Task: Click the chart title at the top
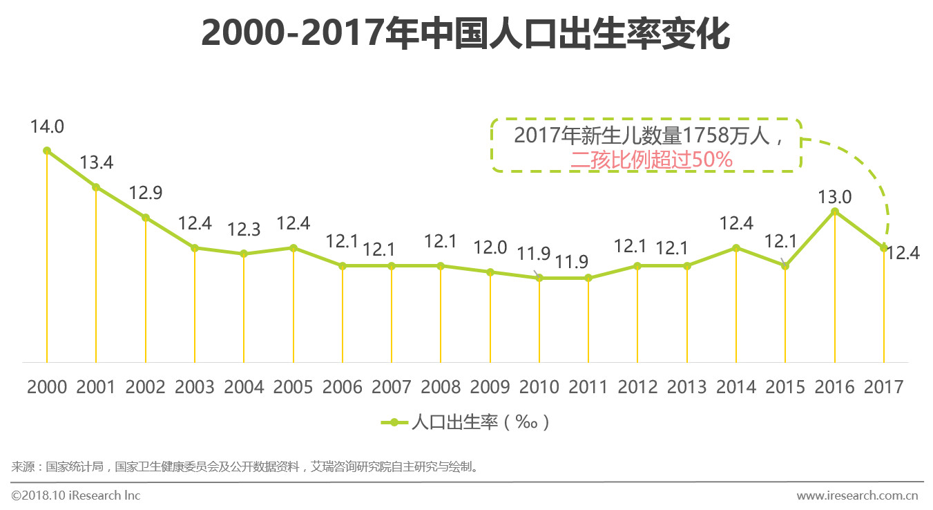click(465, 33)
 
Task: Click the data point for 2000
click(47, 151)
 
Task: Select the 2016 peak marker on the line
click(835, 211)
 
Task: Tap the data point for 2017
click(884, 248)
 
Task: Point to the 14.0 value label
click(47, 127)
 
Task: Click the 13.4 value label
click(96, 163)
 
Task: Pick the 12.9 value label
click(146, 193)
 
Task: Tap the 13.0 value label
click(835, 198)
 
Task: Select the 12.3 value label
click(244, 229)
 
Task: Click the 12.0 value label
click(490, 247)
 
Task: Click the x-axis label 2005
click(293, 387)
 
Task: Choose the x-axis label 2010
click(539, 387)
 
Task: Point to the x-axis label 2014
click(736, 387)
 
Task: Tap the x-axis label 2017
click(884, 387)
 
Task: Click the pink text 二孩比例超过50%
click(651, 160)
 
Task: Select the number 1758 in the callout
click(706, 135)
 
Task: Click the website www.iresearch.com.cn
click(856, 495)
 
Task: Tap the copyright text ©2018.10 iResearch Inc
click(76, 495)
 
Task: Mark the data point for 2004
click(244, 254)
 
